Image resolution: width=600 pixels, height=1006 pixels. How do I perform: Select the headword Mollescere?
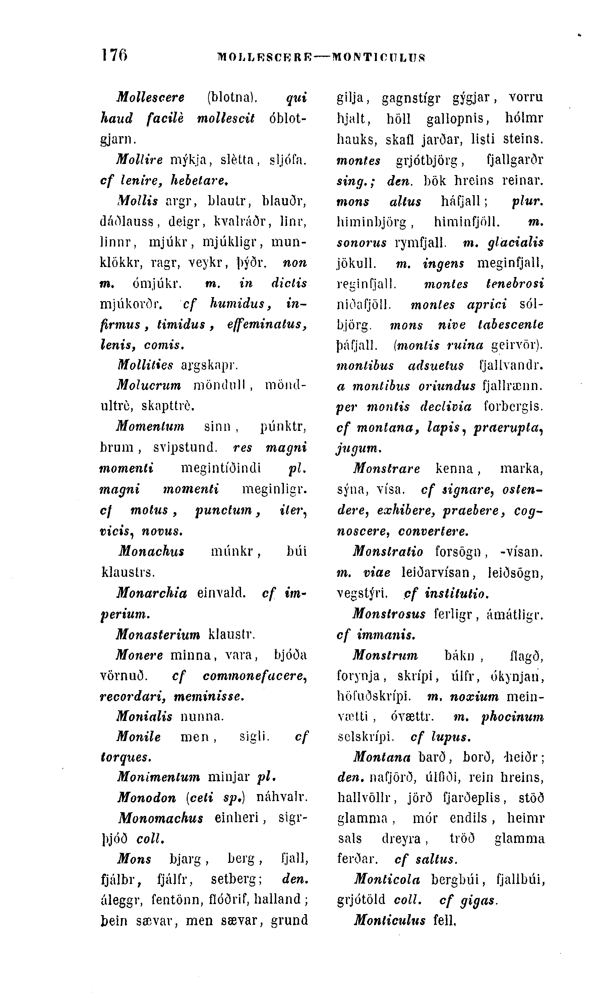(151, 98)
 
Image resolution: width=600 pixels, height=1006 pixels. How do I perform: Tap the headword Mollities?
(145, 365)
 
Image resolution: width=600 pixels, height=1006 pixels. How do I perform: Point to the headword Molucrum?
(149, 386)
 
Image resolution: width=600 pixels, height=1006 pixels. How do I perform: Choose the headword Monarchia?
(152, 593)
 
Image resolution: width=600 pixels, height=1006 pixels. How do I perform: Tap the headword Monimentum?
(159, 777)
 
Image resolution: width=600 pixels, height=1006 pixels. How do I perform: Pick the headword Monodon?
(147, 798)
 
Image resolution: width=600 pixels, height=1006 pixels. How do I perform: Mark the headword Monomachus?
(161, 818)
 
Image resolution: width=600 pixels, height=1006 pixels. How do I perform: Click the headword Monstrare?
(386, 469)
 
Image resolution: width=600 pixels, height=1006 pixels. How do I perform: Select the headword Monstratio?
(388, 551)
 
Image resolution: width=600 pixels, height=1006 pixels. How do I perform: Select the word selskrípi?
(365, 737)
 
